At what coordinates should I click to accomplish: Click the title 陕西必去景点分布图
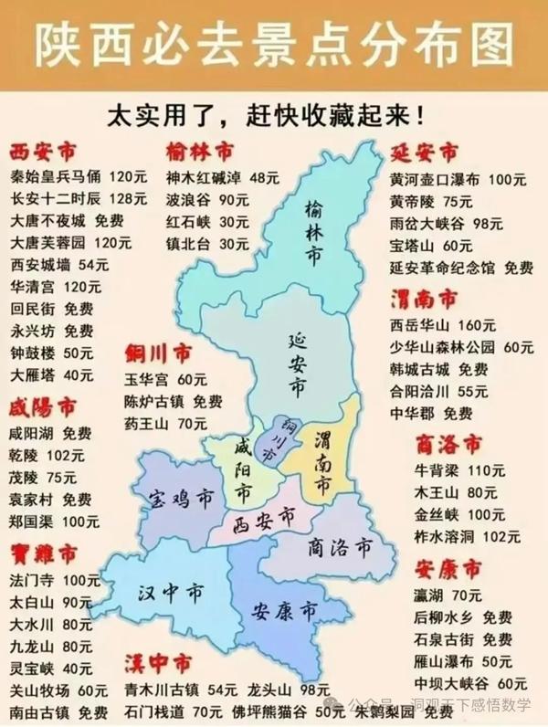click(274, 46)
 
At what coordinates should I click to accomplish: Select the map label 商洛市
click(340, 547)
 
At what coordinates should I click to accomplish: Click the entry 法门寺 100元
click(55, 580)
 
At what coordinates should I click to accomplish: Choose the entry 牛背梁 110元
click(459, 470)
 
